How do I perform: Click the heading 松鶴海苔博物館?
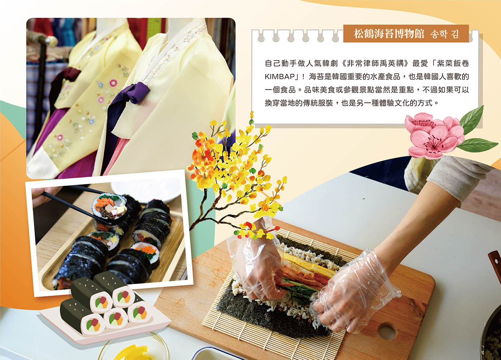[x=389, y=34]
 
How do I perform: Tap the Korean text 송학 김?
[x=444, y=34]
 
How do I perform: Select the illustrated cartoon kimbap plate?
[x=105, y=310]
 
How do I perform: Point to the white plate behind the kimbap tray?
[x=145, y=190]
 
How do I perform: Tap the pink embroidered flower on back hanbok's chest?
[x=114, y=83]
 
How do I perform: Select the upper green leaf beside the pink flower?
[x=471, y=121]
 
